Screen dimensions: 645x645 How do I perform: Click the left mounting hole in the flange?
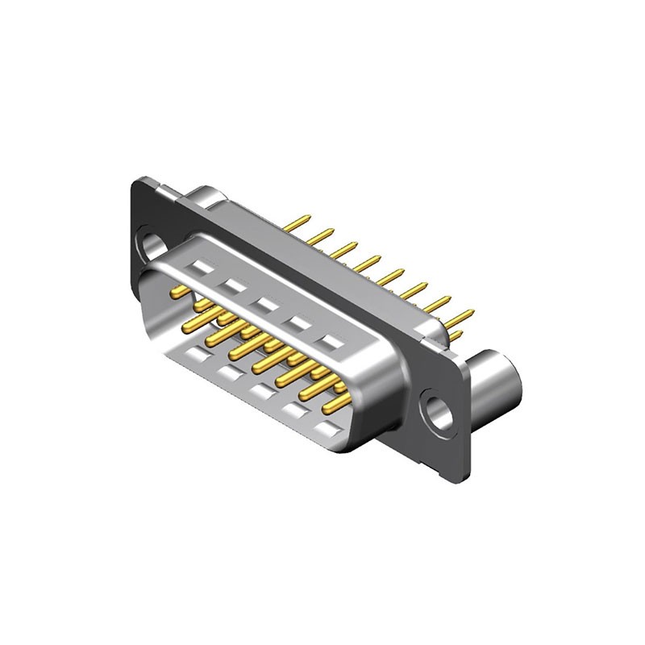click(x=151, y=243)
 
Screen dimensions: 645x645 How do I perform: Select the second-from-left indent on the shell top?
click(x=235, y=285)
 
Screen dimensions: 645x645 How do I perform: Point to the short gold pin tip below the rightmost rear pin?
click(x=456, y=335)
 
